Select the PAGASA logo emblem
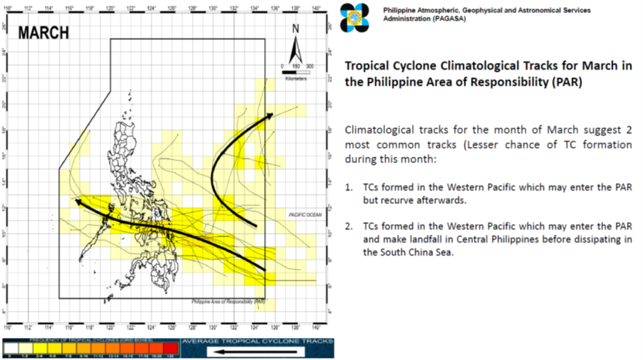pos(355,17)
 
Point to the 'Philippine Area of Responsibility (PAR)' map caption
pos(228,302)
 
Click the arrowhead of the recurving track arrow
pos(270,115)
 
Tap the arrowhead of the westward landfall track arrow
pos(77,202)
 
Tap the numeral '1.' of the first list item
pos(350,187)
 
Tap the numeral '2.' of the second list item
pos(350,227)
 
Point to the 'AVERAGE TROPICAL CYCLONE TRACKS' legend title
pos(257,341)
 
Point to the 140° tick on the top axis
pos(316,10)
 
